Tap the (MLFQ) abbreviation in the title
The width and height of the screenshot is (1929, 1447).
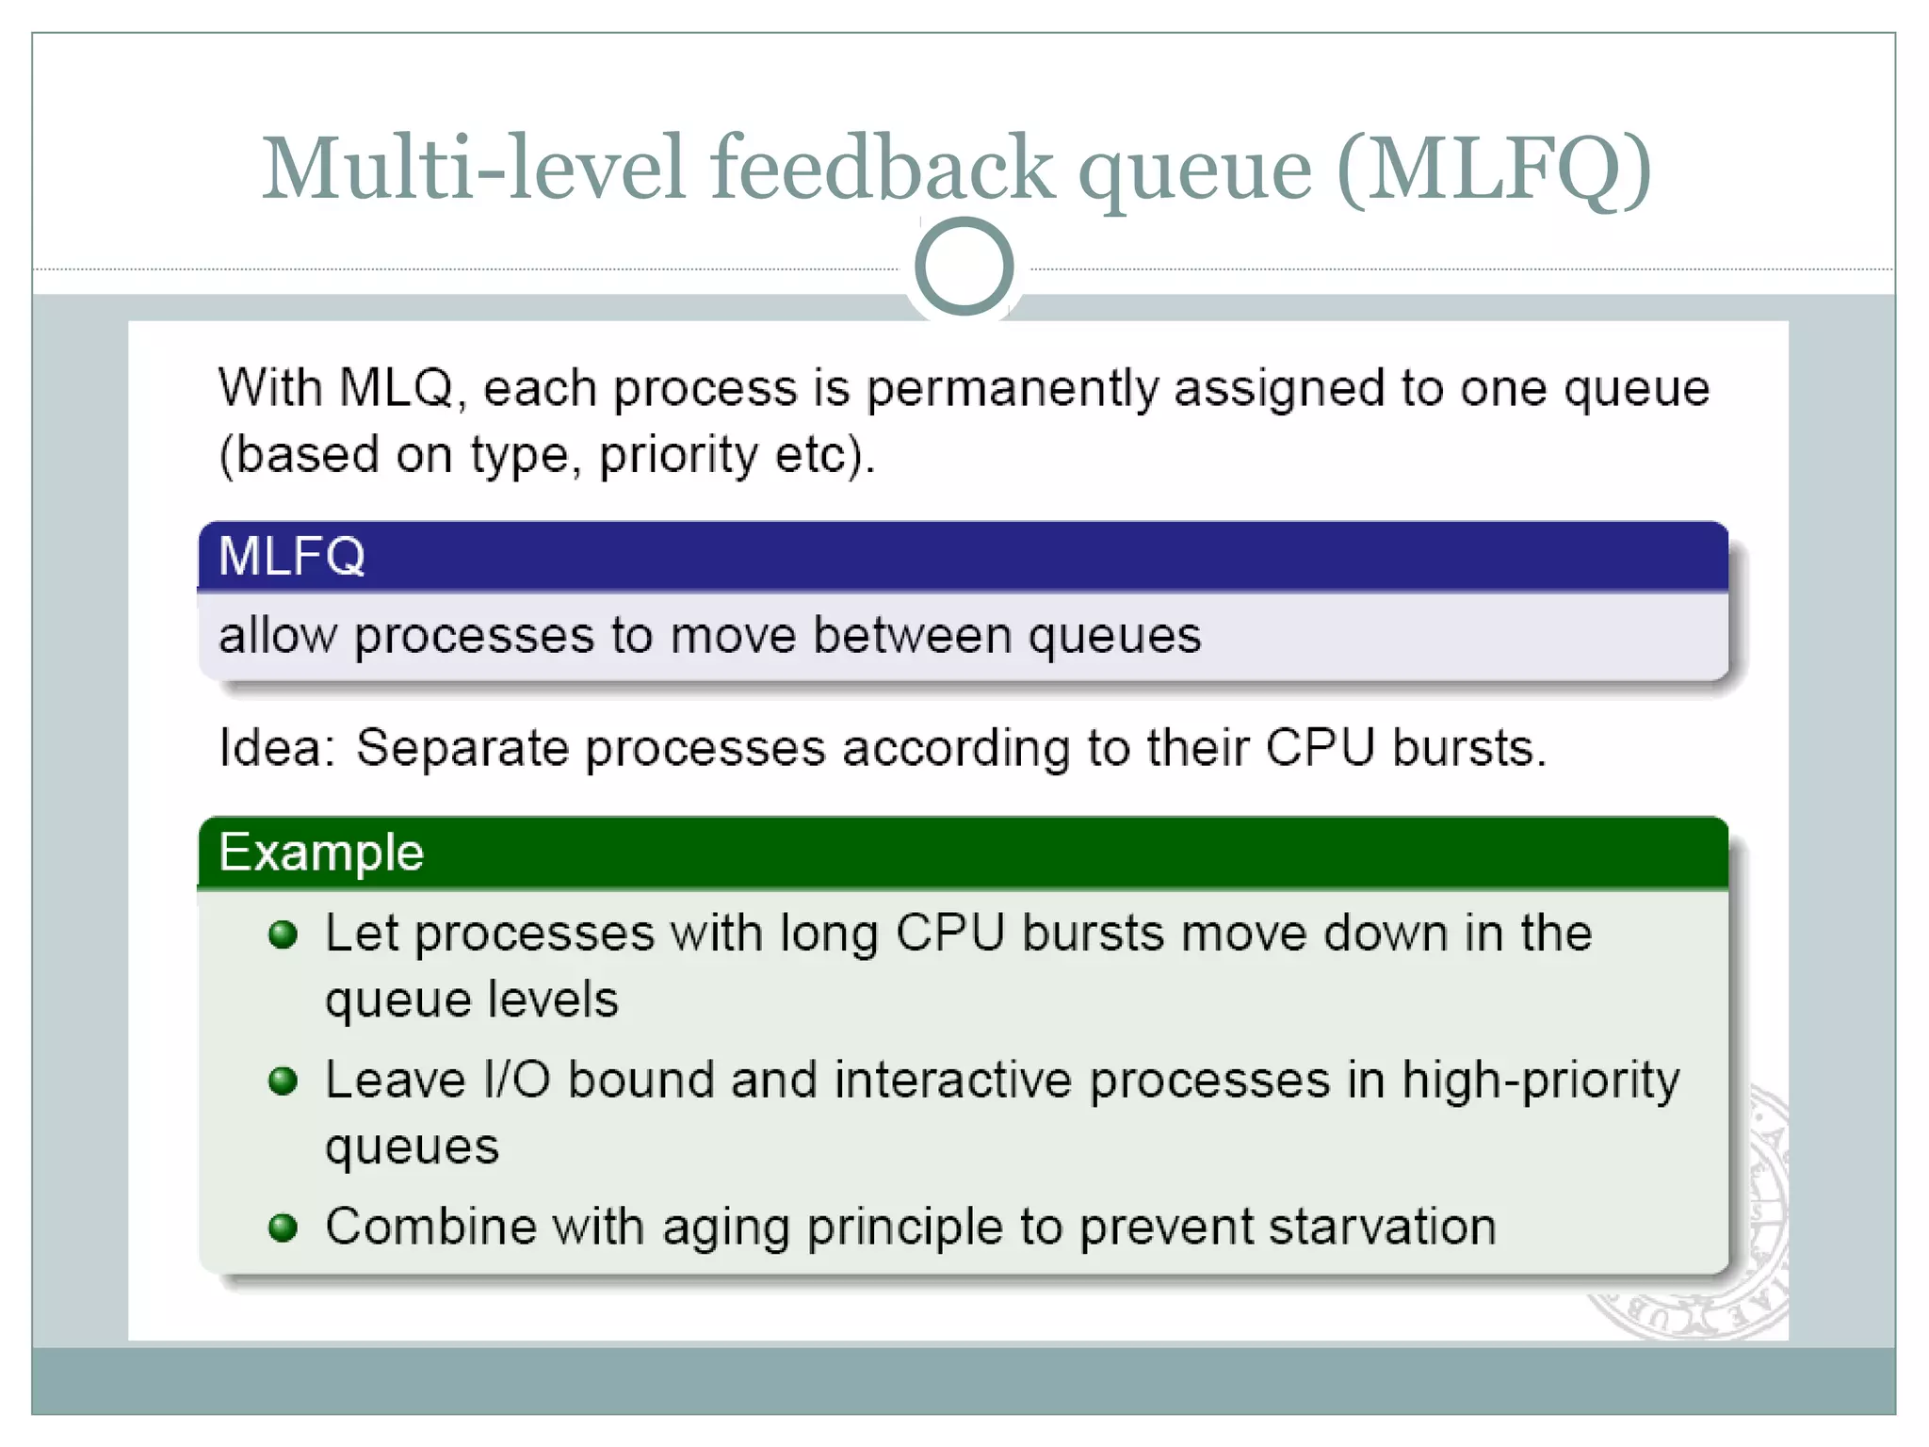pyautogui.click(x=1494, y=170)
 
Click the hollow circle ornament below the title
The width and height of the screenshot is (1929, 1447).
pyautogui.click(x=964, y=267)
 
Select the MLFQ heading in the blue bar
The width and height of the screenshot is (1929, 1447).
pyautogui.click(x=291, y=556)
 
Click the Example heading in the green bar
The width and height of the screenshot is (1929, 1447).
pyautogui.click(x=321, y=853)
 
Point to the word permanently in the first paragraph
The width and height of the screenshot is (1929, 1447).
pyautogui.click(x=1012, y=389)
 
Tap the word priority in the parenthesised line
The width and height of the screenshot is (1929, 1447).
pyautogui.click(x=678, y=456)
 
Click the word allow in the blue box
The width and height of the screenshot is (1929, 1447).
pyautogui.click(x=277, y=635)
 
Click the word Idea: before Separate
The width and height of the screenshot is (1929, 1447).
pyautogui.click(x=276, y=749)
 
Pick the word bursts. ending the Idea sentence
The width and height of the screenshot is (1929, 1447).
pyautogui.click(x=1469, y=749)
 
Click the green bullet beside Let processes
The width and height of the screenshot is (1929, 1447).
pyautogui.click(x=283, y=935)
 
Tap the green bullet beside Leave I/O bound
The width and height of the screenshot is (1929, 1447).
pyautogui.click(x=283, y=1081)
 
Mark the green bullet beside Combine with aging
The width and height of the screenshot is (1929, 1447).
pyautogui.click(x=283, y=1228)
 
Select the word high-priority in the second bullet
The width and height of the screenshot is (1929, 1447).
pyautogui.click(x=1540, y=1081)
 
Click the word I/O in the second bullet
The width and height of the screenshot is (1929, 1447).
pyautogui.click(x=516, y=1081)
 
